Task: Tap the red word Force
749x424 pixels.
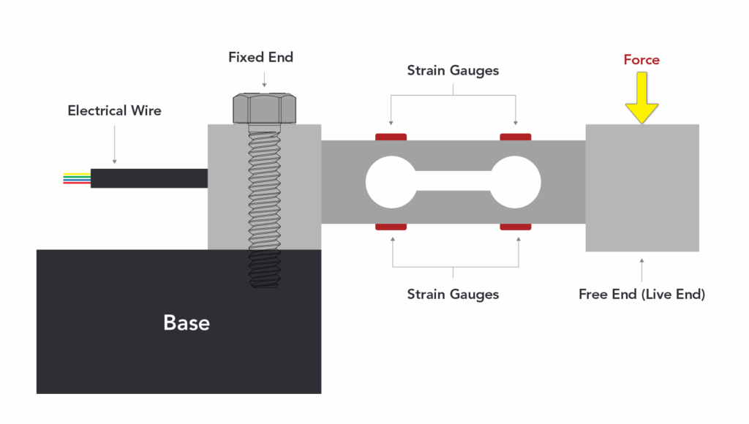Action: coord(641,60)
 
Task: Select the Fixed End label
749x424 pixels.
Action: coord(260,57)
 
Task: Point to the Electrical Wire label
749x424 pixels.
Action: coord(114,111)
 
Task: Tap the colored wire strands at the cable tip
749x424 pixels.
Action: coord(77,178)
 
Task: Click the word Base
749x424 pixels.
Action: coord(187,322)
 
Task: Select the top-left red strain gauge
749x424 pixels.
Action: coord(391,137)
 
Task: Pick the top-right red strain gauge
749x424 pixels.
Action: coord(516,137)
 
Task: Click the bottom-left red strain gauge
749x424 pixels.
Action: coord(391,227)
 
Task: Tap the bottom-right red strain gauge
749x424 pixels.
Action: coord(516,227)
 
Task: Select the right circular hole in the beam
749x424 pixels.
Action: coord(516,181)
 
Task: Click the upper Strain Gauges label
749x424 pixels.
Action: coord(453,71)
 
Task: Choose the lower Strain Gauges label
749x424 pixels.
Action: coord(453,294)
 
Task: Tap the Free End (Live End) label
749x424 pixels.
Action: coord(641,294)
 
